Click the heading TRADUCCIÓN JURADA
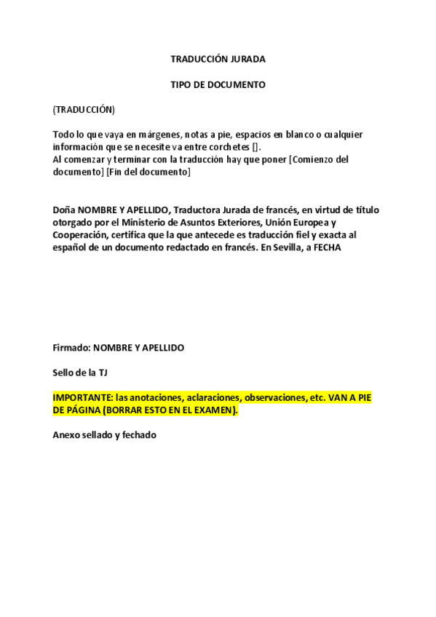click(x=218, y=59)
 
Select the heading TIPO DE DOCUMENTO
click(x=218, y=84)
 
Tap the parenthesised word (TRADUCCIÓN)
click(x=84, y=109)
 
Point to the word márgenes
click(x=167, y=135)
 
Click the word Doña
click(x=64, y=210)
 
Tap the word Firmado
click(x=68, y=348)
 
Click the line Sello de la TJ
click(x=80, y=373)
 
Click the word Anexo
click(x=66, y=436)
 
